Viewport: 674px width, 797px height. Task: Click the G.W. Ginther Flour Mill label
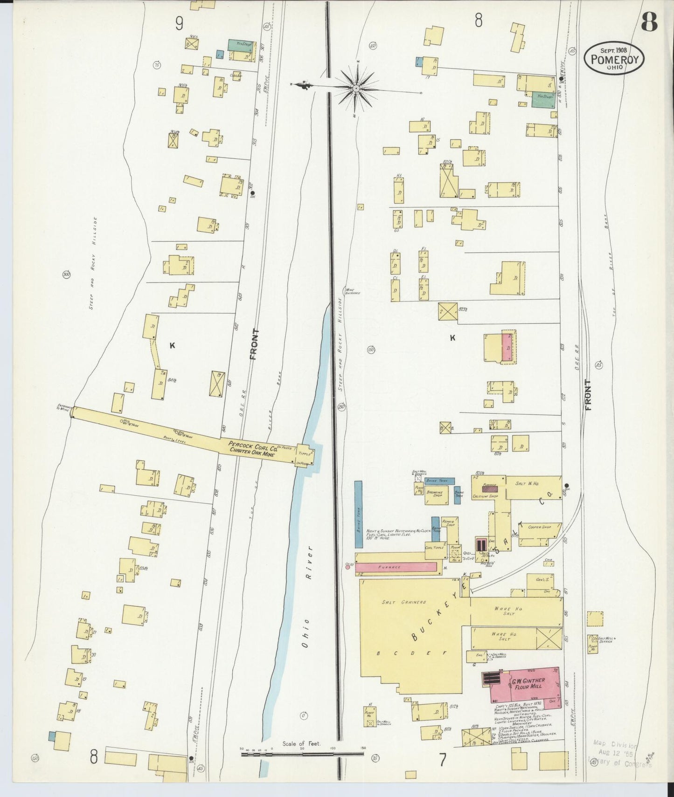click(x=528, y=683)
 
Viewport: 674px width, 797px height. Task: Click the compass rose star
click(x=356, y=88)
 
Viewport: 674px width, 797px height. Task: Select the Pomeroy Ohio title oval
click(x=614, y=58)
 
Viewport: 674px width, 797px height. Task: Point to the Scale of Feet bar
click(x=302, y=751)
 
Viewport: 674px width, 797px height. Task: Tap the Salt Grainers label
click(x=404, y=602)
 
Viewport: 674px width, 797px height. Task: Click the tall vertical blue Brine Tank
click(x=358, y=514)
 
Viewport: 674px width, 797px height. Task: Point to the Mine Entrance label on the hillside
click(x=352, y=291)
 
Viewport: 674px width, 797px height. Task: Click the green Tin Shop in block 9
click(x=240, y=45)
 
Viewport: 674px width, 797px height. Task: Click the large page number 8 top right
click(x=649, y=21)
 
